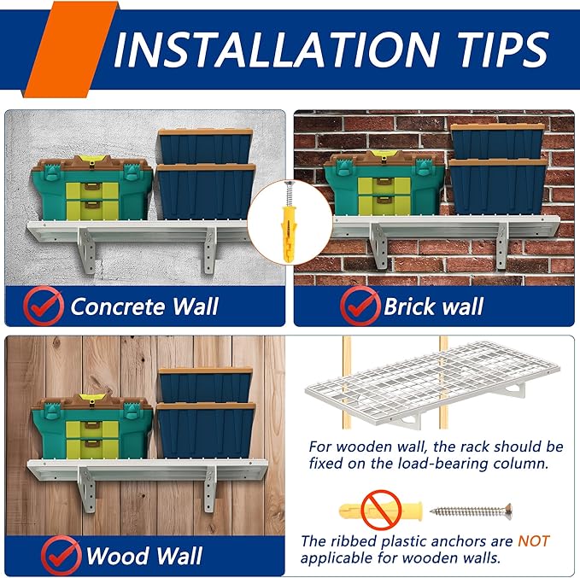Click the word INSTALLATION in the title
point(277,50)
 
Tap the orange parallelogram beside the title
point(70,50)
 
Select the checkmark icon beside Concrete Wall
point(43,306)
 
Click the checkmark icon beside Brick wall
point(360,306)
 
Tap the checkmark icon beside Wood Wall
point(61,555)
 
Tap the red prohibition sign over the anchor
point(381,511)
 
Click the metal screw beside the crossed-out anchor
point(472,511)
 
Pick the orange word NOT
point(533,541)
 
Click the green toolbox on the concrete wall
point(92,188)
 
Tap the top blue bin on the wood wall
point(206,385)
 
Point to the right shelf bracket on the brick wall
point(502,245)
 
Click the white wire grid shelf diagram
point(432,384)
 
